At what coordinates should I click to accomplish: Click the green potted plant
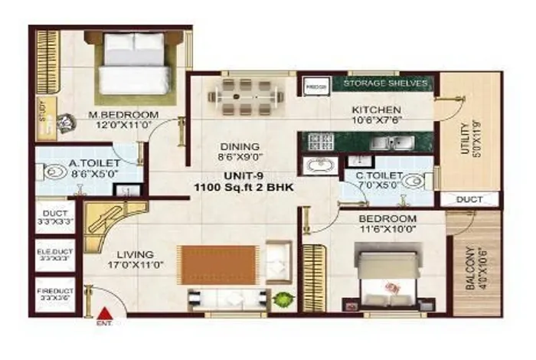[284, 299]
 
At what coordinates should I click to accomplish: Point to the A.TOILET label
[86, 162]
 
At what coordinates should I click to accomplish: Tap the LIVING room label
[136, 254]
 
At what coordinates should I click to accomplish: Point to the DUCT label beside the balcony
[469, 200]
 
